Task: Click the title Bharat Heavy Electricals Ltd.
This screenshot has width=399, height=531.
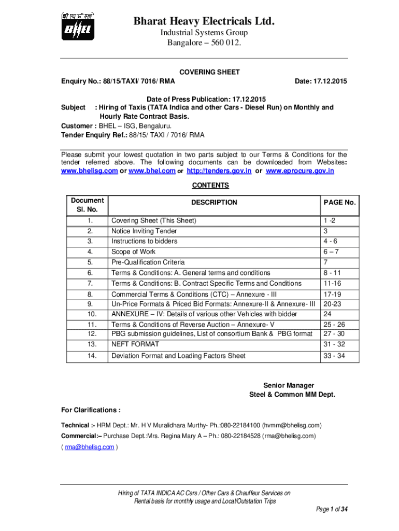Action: tap(204, 21)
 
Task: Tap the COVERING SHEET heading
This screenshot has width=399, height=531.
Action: tap(209, 72)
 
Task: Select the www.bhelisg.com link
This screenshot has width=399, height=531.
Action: tap(89, 171)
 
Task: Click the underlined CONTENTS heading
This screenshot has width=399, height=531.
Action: tap(210, 185)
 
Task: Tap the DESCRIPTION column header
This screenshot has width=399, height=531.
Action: tap(214, 202)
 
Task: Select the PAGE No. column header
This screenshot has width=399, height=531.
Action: tap(339, 202)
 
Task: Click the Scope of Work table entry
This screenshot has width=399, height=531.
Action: tap(133, 251)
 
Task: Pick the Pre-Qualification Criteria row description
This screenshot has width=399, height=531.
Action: tap(148, 262)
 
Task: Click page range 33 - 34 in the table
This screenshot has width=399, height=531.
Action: tap(334, 356)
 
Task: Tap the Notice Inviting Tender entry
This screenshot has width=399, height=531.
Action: tap(144, 231)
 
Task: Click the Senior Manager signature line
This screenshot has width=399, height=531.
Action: tap(289, 385)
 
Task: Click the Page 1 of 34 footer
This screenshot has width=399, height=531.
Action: tap(332, 509)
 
